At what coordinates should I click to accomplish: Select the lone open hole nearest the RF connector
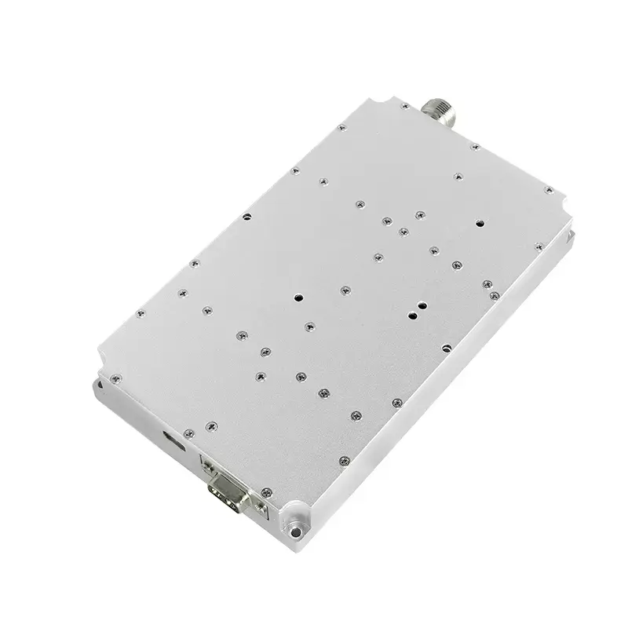pyautogui.click(x=480, y=223)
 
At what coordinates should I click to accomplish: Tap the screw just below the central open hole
pyautogui.click(x=306, y=325)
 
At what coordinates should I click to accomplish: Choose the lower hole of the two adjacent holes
pyautogui.click(x=412, y=317)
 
